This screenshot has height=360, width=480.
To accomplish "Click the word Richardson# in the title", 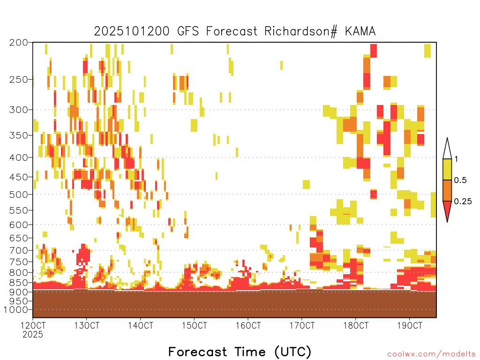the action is [300, 31].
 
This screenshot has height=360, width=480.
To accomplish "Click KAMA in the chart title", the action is [360, 31].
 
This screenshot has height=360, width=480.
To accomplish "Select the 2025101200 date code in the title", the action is [132, 31].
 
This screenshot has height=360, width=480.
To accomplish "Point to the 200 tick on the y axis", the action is [18, 43].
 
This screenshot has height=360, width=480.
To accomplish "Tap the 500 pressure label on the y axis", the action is [18, 195].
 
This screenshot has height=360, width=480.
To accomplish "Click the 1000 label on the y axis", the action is [15, 310].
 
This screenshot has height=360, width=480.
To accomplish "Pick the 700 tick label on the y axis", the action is [18, 250].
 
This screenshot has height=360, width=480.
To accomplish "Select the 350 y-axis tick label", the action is [18, 135].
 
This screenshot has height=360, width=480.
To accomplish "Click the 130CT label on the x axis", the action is [87, 325].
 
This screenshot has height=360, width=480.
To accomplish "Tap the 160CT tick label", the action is [248, 325].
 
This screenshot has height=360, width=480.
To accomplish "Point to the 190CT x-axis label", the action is [410, 325].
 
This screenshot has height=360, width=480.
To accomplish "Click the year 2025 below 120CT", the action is [33, 335].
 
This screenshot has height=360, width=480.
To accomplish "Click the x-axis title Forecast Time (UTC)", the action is [240, 352].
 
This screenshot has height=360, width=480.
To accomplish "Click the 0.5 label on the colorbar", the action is [460, 180].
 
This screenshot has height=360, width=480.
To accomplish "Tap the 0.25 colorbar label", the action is [463, 202].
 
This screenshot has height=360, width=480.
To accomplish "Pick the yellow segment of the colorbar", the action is [447, 169].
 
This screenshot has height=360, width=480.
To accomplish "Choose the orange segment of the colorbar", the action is [447, 190].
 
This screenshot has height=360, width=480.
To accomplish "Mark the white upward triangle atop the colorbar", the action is [447, 150].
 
